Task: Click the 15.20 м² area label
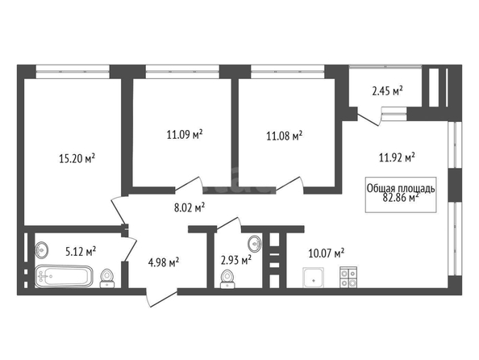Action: click(77, 159)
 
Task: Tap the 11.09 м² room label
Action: click(185, 134)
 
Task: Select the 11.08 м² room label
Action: click(285, 136)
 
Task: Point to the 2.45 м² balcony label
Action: click(387, 91)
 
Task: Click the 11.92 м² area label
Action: click(397, 157)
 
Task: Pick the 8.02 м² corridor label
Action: click(190, 208)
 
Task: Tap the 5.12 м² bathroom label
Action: click(81, 252)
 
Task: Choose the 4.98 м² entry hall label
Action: click(164, 262)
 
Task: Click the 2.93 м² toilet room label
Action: click(236, 261)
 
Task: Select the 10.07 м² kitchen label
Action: click(327, 253)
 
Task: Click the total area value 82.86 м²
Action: click(401, 198)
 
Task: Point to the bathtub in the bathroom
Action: click(64, 276)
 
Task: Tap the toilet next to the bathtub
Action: click(107, 278)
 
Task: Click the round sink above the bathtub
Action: click(41, 249)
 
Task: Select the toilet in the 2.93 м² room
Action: click(227, 279)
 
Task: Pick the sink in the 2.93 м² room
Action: click(255, 244)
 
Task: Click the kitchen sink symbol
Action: click(314, 278)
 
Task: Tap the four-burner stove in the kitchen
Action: click(348, 277)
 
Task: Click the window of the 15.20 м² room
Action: click(73, 72)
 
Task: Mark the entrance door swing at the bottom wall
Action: click(161, 298)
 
